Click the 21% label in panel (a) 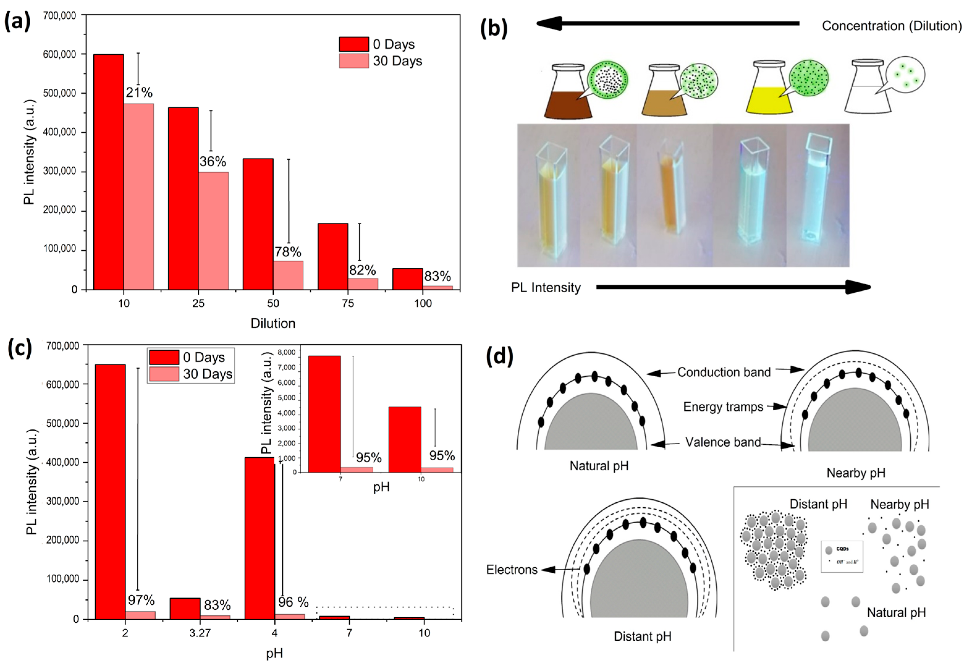[x=139, y=92]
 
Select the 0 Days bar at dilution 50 [x=258, y=224]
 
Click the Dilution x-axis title [x=273, y=323]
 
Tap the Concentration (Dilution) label [x=891, y=26]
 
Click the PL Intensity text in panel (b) [x=546, y=288]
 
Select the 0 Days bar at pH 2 [x=110, y=491]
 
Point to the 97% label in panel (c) [x=141, y=600]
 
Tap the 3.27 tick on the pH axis [x=200, y=633]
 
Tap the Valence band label [x=723, y=442]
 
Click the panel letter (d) [x=499, y=356]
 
